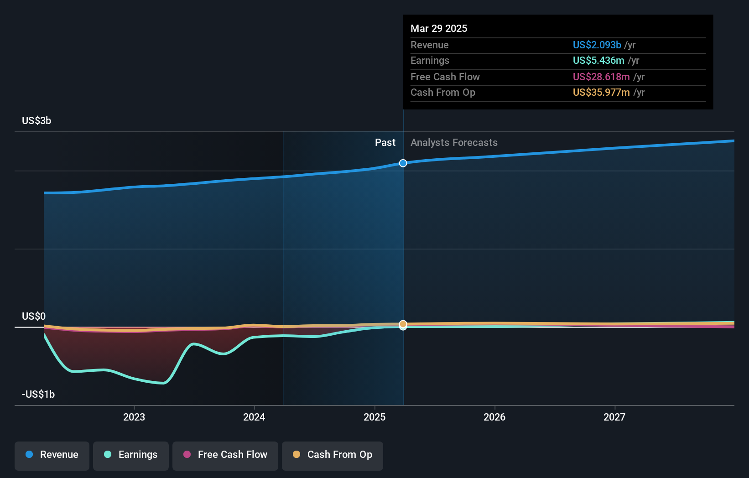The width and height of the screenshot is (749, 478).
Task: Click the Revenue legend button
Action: pyautogui.click(x=52, y=455)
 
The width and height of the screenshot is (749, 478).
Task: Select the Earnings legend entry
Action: pyautogui.click(x=131, y=455)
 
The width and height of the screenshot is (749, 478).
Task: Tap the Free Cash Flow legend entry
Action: pyautogui.click(x=225, y=455)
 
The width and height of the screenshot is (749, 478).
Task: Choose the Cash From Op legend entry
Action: pyautogui.click(x=333, y=455)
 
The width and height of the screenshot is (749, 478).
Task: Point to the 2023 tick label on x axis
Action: pyautogui.click(x=134, y=417)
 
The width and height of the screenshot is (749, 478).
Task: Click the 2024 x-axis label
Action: pyautogui.click(x=254, y=417)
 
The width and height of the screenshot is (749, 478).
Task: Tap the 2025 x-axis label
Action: pyautogui.click(x=374, y=417)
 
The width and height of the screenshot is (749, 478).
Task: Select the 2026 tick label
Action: pyautogui.click(x=494, y=417)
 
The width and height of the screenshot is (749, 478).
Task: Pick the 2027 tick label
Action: pyautogui.click(x=614, y=417)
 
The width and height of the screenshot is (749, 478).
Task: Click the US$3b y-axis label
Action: pyautogui.click(x=36, y=120)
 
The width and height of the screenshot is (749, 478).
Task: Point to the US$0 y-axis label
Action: pyautogui.click(x=34, y=316)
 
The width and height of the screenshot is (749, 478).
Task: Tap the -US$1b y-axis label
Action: pyautogui.click(x=38, y=394)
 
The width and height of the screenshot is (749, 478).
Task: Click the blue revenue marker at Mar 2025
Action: pyautogui.click(x=403, y=163)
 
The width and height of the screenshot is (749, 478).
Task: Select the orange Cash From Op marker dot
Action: pyautogui.click(x=403, y=324)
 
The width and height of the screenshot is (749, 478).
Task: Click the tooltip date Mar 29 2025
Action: pyautogui.click(x=439, y=28)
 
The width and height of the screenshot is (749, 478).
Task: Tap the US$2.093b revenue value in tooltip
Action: pyautogui.click(x=597, y=45)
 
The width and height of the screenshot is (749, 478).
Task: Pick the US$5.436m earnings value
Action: pyautogui.click(x=598, y=60)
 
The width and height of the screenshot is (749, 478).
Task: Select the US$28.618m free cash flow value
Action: pyautogui.click(x=601, y=77)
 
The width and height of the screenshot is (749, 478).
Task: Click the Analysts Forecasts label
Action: pyautogui.click(x=454, y=142)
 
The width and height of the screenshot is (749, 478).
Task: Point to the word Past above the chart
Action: pyautogui.click(x=385, y=142)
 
